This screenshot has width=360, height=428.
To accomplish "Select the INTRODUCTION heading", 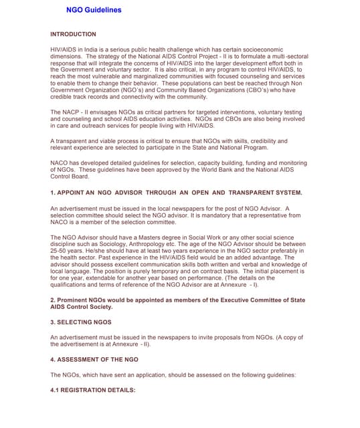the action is [73, 33].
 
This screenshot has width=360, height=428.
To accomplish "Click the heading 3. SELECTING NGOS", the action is [81, 322].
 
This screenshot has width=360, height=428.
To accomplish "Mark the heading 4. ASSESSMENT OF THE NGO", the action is [94, 360].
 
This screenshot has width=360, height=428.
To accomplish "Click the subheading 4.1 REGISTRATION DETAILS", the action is [93, 389].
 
